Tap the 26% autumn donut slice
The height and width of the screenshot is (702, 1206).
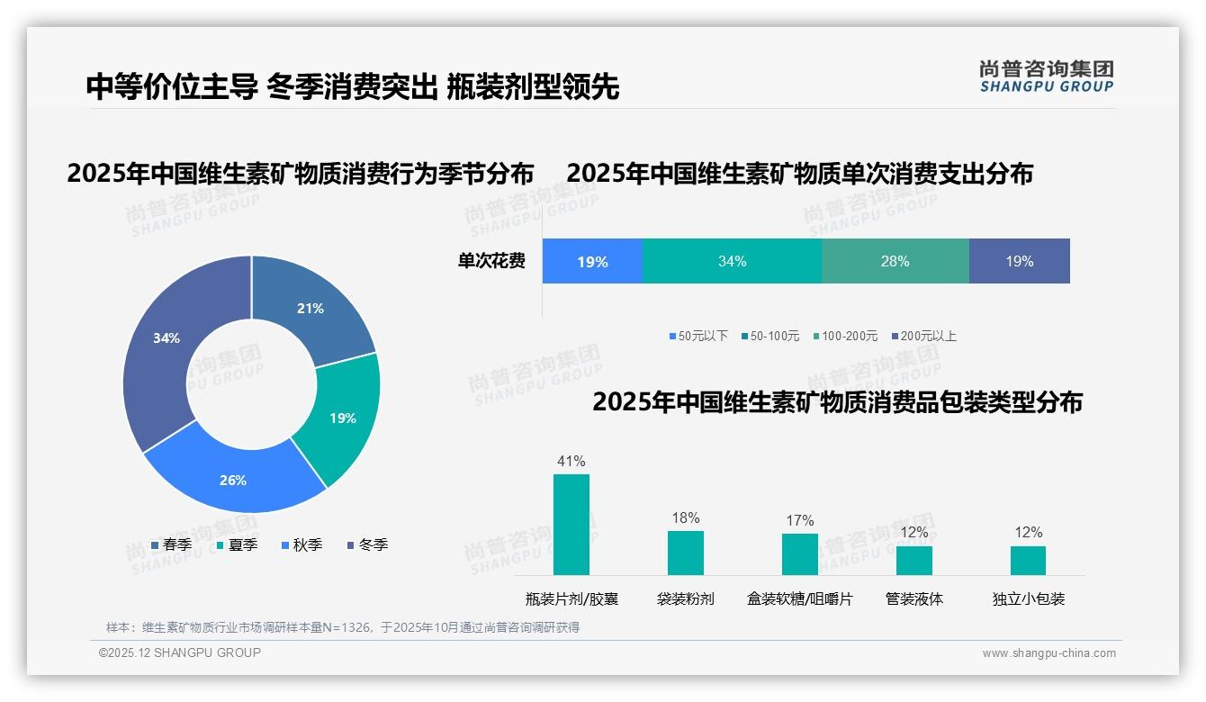click(233, 480)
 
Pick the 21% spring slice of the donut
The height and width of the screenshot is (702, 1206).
click(310, 309)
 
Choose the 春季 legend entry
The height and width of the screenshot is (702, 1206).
click(170, 544)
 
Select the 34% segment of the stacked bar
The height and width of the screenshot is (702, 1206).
click(732, 261)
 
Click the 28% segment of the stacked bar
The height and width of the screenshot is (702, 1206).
click(895, 261)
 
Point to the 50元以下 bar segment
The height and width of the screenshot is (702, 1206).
click(592, 261)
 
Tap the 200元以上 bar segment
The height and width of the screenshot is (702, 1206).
click(1019, 261)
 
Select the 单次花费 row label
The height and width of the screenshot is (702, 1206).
click(491, 261)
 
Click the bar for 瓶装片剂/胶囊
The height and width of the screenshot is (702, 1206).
click(571, 524)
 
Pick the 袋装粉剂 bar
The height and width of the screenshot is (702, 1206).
click(685, 552)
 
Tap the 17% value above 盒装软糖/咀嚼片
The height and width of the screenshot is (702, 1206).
click(799, 520)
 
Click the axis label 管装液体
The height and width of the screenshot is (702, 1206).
click(913, 598)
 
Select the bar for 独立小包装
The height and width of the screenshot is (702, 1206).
click(1028, 560)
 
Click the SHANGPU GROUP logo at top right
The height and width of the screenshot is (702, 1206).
click(1046, 76)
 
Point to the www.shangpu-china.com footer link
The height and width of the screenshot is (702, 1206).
click(1048, 653)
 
